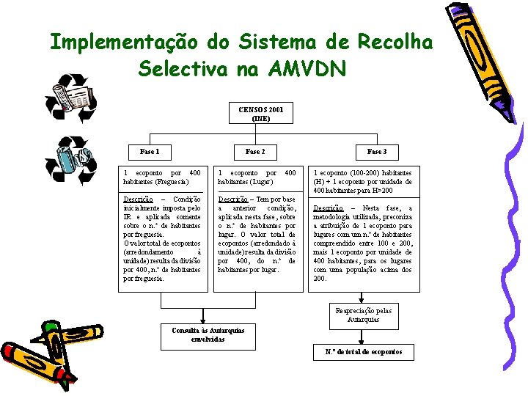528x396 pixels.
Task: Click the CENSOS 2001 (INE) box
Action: click(260, 114)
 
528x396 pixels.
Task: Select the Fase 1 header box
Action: click(150, 152)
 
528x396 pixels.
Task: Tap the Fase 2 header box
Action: click(255, 152)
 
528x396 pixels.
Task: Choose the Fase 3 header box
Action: click(376, 152)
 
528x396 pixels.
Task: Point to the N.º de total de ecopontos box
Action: click(364, 352)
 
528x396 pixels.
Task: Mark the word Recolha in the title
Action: click(395, 43)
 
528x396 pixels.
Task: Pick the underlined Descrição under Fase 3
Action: click(328, 209)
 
